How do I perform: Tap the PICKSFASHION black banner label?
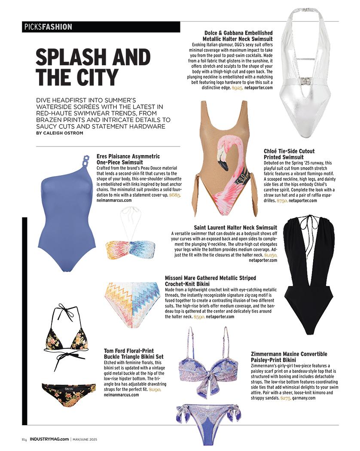[47, 27]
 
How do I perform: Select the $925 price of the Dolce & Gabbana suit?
[237, 88]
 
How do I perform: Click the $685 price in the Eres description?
[174, 195]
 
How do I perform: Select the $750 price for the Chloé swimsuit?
[282, 200]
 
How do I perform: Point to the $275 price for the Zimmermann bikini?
[286, 398]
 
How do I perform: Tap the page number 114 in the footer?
[24, 439]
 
